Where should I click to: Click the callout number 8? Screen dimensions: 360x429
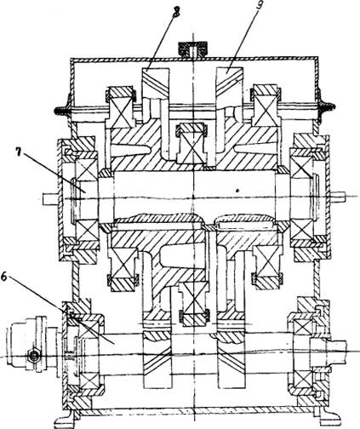[x=176, y=12]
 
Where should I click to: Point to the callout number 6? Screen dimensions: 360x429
[x=4, y=277]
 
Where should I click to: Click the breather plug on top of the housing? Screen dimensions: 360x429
[x=193, y=49]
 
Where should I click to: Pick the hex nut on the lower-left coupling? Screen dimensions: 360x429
[x=34, y=355]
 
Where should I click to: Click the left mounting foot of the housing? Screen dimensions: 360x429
[x=64, y=420]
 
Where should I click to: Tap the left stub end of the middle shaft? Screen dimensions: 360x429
[x=50, y=198]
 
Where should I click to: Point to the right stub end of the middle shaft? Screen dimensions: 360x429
[x=338, y=195]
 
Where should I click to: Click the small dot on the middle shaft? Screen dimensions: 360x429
[x=237, y=191]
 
